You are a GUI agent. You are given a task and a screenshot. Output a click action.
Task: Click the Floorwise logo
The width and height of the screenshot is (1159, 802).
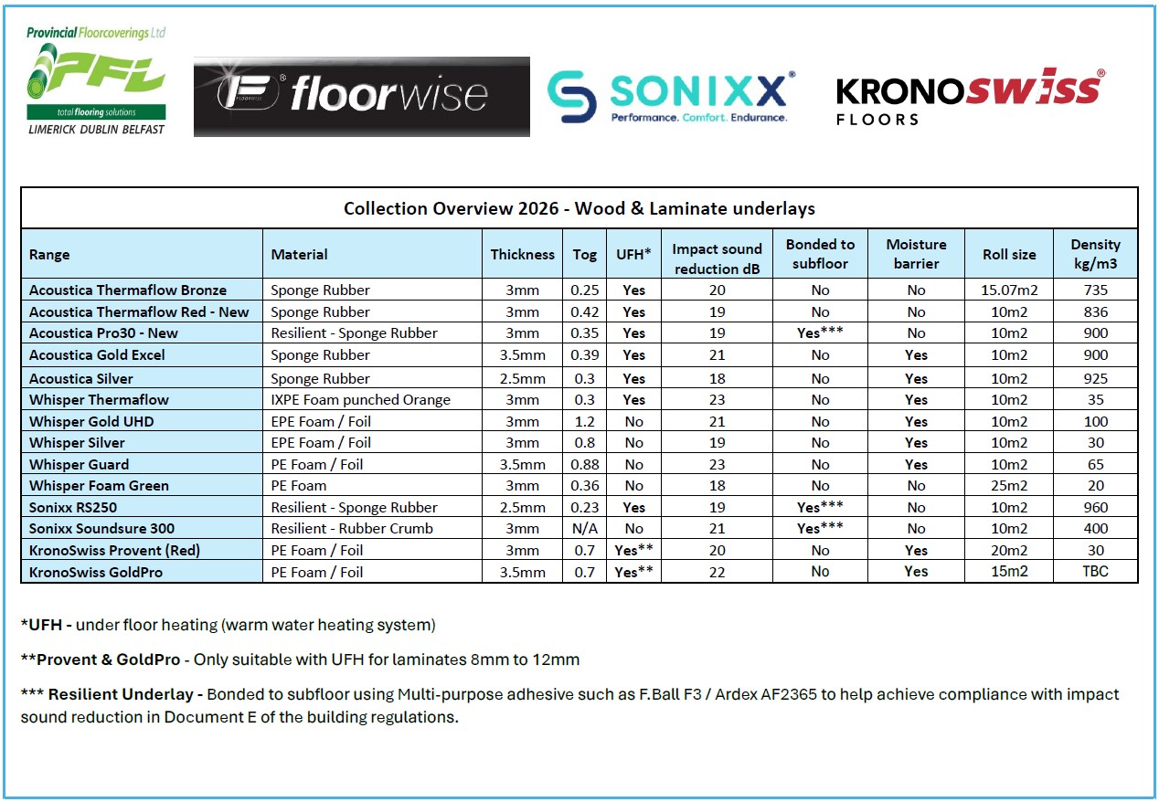361,96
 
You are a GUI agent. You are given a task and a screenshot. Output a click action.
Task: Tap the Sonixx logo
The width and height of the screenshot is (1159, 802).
671,96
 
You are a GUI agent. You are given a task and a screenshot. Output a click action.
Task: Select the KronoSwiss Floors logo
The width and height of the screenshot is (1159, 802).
970,95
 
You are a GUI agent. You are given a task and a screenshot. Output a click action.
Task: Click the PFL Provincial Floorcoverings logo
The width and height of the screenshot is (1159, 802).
96,80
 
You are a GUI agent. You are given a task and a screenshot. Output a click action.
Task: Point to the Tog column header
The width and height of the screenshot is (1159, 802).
585,255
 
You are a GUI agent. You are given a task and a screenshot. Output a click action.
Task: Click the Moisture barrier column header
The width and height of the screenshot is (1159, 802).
916,254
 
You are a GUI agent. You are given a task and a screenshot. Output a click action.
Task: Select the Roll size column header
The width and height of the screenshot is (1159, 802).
1009,255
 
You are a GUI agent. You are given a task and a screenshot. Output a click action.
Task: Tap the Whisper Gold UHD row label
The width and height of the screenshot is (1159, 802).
91,422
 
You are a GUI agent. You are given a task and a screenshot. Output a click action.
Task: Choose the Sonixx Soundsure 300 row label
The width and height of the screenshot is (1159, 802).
101,529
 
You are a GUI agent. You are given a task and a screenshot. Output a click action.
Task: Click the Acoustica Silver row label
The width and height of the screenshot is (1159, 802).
81,378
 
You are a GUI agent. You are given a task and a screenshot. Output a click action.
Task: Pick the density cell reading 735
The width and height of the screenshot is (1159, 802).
1095,290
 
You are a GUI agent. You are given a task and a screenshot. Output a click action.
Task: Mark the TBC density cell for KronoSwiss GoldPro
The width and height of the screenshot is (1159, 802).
1095,572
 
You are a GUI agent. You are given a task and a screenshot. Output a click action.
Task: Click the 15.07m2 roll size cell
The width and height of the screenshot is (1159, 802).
1009,290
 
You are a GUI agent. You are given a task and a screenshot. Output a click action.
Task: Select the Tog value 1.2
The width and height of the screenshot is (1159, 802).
585,422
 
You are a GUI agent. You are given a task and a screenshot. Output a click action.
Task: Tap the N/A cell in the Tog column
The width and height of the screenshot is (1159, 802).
585,529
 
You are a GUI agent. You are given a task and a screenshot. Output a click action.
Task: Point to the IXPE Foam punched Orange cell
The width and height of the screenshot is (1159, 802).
361,400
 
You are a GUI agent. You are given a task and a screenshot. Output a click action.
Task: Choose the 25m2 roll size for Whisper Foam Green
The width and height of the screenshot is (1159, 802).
1009,486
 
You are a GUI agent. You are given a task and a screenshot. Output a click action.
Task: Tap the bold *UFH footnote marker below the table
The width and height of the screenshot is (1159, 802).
45,626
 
